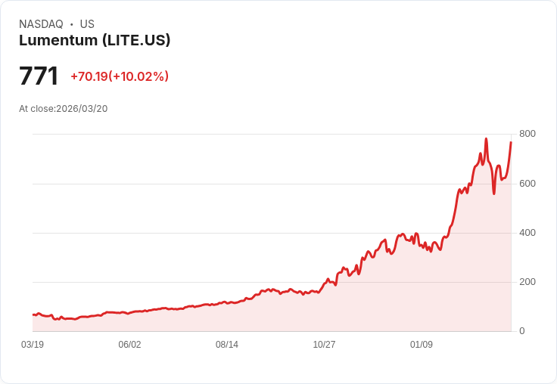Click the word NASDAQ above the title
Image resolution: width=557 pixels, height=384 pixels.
point(41,24)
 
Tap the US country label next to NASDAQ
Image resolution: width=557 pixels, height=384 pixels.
point(87,24)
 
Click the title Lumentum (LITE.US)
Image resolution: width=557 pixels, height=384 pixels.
point(95,41)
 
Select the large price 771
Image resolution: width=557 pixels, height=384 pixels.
point(39,76)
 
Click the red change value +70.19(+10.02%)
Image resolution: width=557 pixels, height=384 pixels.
point(120,76)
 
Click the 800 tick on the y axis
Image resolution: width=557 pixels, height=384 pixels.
point(527,134)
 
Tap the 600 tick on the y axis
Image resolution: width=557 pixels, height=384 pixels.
point(527,184)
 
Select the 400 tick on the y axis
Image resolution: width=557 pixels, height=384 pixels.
point(527,233)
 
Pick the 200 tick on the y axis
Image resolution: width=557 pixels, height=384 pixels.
point(527,282)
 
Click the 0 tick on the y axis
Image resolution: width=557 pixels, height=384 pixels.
point(521,331)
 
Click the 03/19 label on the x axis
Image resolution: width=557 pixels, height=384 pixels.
point(33,345)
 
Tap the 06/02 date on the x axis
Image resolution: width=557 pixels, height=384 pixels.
point(129,345)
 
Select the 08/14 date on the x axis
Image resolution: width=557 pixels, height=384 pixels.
point(227,345)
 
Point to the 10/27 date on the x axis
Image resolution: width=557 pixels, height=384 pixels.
point(324,345)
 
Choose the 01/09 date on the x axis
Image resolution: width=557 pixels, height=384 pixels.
point(422,345)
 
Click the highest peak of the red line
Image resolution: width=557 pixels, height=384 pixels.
point(486,139)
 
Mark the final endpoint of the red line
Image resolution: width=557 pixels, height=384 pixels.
point(511,142)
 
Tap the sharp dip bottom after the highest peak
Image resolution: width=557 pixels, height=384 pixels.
point(494,194)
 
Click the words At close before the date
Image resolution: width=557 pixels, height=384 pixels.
point(36,109)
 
